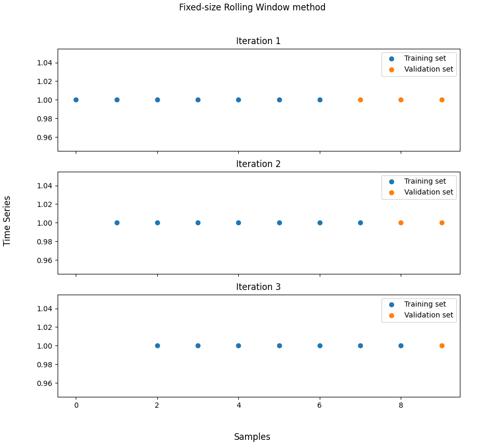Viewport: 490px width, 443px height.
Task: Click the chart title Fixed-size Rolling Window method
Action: [x=252, y=7]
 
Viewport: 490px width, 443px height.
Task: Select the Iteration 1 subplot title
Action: [x=258, y=41]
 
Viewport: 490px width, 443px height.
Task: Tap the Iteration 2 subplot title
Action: [x=258, y=164]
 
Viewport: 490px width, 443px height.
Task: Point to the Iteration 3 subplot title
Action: [x=258, y=287]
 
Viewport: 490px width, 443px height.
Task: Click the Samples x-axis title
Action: [x=252, y=437]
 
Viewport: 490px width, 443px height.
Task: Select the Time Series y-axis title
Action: [x=7, y=220]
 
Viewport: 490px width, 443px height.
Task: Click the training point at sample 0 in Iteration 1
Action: [x=76, y=100]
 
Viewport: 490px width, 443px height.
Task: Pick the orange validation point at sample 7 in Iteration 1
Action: [x=360, y=100]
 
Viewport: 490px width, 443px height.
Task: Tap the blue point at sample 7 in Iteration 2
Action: [x=360, y=223]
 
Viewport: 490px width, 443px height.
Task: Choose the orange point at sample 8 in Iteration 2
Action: [x=401, y=223]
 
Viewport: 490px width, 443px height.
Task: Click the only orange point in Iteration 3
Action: [x=442, y=345]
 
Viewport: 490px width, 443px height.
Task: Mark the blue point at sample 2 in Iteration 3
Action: [x=157, y=345]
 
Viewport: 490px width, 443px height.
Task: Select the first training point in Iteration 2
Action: [x=117, y=223]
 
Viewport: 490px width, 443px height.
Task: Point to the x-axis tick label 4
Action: [x=238, y=405]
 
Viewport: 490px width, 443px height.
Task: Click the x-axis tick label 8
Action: [x=401, y=405]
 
